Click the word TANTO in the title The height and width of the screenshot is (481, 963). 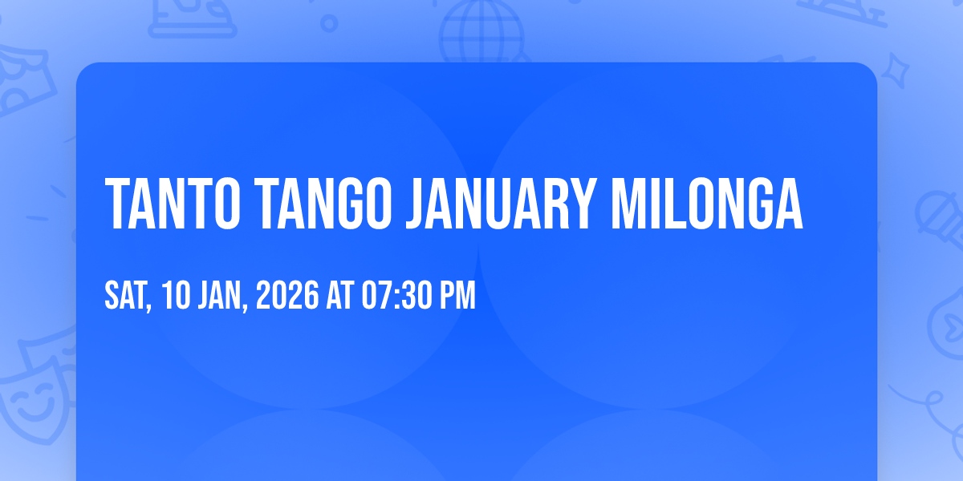click(173, 204)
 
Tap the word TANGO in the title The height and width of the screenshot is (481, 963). click(323, 204)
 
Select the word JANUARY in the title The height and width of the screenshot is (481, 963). click(502, 204)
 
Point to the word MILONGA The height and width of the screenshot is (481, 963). click(707, 204)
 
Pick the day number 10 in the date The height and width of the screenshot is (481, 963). click(177, 295)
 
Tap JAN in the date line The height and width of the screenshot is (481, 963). click(221, 296)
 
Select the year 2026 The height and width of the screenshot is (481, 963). click(287, 295)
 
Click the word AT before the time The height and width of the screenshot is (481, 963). click(340, 295)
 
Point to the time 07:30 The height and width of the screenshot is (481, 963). click(396, 295)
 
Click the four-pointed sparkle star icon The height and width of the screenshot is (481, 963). click(895, 71)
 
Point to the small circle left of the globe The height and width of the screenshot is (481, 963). click(329, 23)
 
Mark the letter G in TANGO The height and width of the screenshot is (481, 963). click(349, 204)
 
